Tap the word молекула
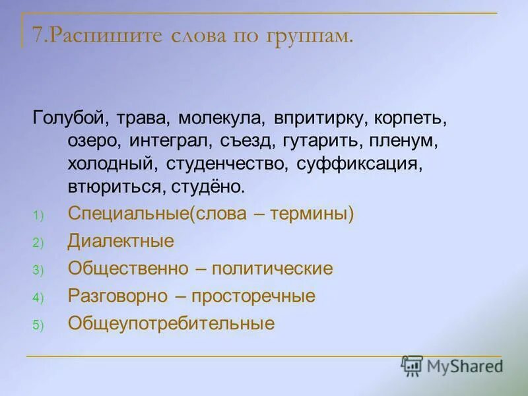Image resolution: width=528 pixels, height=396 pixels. pyautogui.click(x=220, y=119)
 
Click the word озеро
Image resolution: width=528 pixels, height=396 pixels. pyautogui.click(x=88, y=142)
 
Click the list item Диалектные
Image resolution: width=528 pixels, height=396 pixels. pyautogui.click(x=121, y=241)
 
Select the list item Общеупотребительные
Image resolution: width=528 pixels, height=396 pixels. pyautogui.click(x=171, y=323)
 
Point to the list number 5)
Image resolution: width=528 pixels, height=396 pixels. pyautogui.click(x=38, y=325)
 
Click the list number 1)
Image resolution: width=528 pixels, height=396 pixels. pyautogui.click(x=38, y=215)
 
